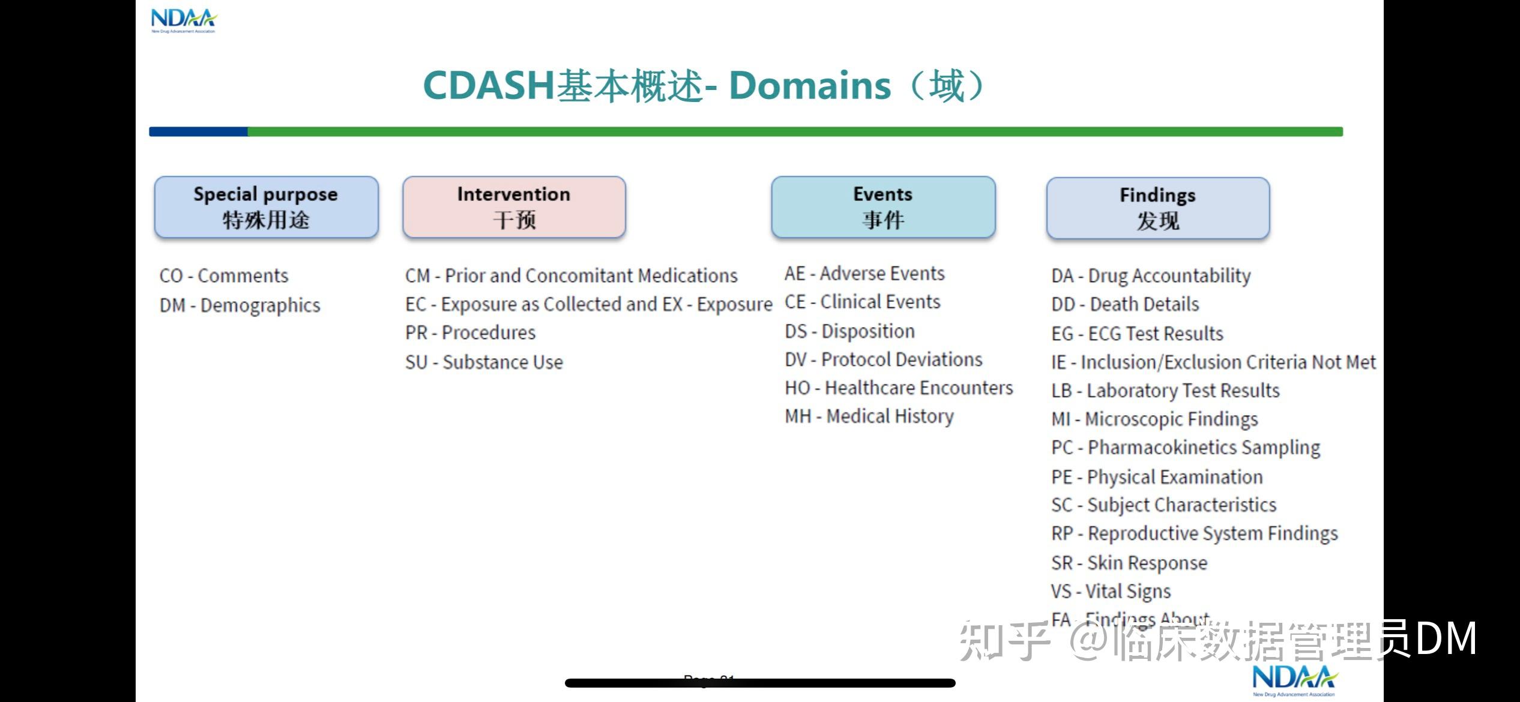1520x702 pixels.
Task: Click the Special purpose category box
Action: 266,207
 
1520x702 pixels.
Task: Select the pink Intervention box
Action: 514,207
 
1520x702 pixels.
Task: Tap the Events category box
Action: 883,207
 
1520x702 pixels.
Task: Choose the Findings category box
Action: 1157,208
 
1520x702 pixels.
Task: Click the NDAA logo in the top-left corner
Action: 183,20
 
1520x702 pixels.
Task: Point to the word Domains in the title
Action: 809,85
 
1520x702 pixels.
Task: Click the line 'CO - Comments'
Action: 224,276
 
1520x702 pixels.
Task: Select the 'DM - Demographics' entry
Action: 240,305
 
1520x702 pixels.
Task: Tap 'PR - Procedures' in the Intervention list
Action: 470,332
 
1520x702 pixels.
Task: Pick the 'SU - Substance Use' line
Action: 484,362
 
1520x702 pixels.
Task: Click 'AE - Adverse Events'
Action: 864,274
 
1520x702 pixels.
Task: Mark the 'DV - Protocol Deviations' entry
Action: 883,359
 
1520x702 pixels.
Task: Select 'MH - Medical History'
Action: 869,416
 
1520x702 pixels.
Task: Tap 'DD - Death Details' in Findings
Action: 1125,304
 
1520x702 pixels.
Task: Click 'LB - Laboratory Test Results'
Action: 1165,391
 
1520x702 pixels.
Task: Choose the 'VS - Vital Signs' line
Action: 1111,591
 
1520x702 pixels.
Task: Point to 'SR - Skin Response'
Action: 1129,563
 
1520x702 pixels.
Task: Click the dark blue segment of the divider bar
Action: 198,131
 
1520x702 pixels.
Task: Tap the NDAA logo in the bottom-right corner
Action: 1294,680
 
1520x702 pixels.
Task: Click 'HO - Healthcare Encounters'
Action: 899,388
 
